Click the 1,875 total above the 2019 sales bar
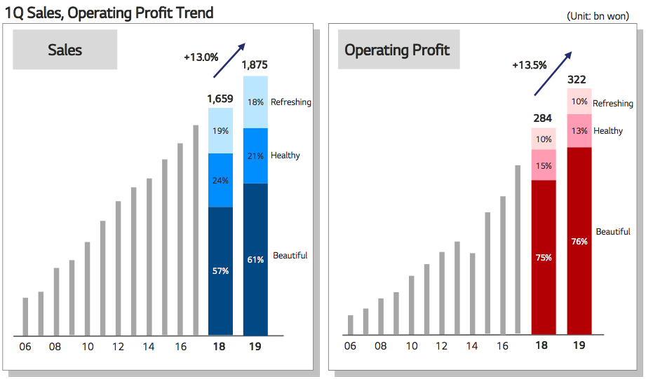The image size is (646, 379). tap(255, 65)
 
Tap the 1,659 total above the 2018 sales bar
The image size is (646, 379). tap(220, 99)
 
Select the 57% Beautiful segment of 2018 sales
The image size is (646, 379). tap(220, 271)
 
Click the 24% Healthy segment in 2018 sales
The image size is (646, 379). tap(220, 180)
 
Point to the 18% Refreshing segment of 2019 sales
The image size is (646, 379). tap(255, 102)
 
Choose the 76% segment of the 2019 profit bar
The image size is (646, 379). tap(579, 241)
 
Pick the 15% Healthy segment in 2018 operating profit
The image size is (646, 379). tap(544, 165)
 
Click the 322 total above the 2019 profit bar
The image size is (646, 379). tap(577, 79)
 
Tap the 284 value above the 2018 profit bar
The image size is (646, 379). tap(542, 118)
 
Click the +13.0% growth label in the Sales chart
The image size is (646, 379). tap(201, 57)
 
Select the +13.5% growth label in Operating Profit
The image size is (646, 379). tap(530, 65)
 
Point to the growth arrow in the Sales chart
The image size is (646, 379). tap(229, 60)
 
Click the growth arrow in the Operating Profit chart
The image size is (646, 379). tap(553, 74)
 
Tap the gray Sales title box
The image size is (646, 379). tap(65, 49)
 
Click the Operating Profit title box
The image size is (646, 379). tap(399, 49)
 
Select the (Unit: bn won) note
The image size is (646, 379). tap(598, 16)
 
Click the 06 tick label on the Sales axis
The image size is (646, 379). tap(25, 347)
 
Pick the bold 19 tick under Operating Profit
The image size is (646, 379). tap(579, 345)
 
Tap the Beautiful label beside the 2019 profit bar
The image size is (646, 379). tap(613, 232)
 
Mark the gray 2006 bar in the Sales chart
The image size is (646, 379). tap(25, 317)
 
